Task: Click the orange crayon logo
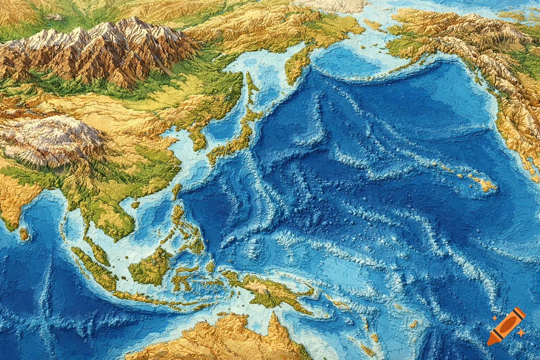click(507, 326)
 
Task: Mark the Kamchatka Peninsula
click(295, 65)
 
